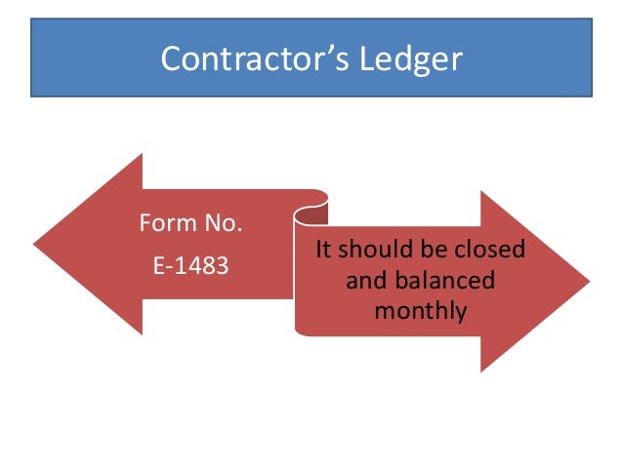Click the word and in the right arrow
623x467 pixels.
point(363,282)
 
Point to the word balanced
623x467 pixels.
point(444,282)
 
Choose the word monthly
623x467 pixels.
point(421,312)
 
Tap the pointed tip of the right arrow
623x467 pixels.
point(589,281)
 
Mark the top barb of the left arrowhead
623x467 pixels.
point(142,155)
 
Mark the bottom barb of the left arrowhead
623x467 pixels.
point(142,333)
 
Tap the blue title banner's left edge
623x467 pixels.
point(31,59)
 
